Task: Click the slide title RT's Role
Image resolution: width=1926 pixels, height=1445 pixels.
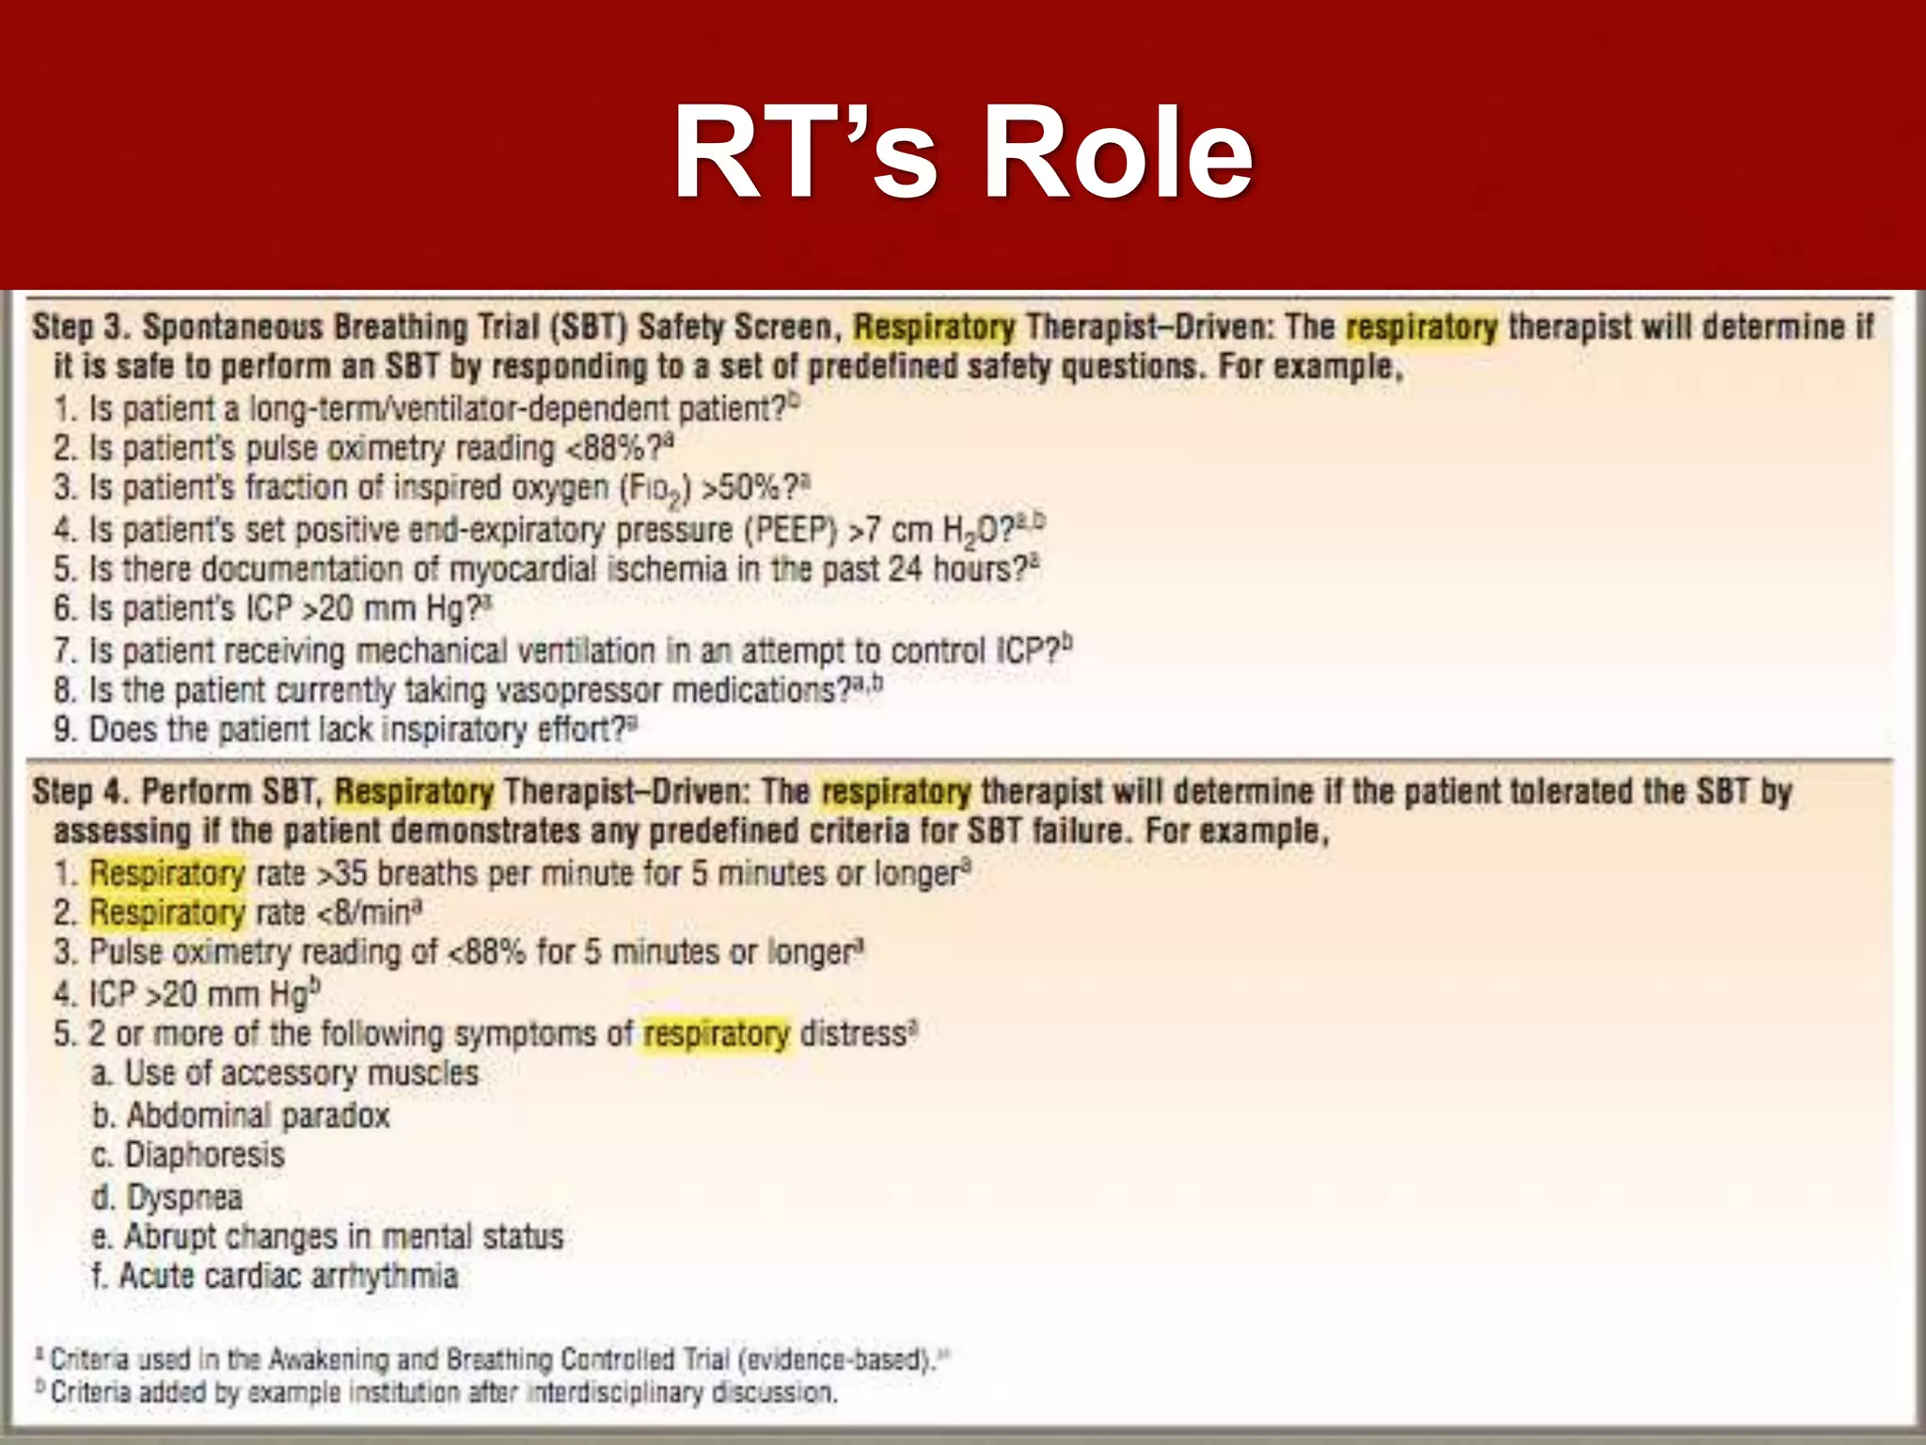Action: [x=963, y=152]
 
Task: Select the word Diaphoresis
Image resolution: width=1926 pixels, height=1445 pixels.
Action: [x=204, y=1155]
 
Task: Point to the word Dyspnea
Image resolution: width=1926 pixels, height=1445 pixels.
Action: [x=184, y=1197]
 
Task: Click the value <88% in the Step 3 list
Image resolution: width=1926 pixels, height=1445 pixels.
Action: [x=607, y=448]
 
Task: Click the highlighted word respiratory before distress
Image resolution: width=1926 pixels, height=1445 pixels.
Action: [x=717, y=1034]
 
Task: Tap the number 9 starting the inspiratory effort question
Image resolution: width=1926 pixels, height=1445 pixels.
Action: [x=64, y=730]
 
